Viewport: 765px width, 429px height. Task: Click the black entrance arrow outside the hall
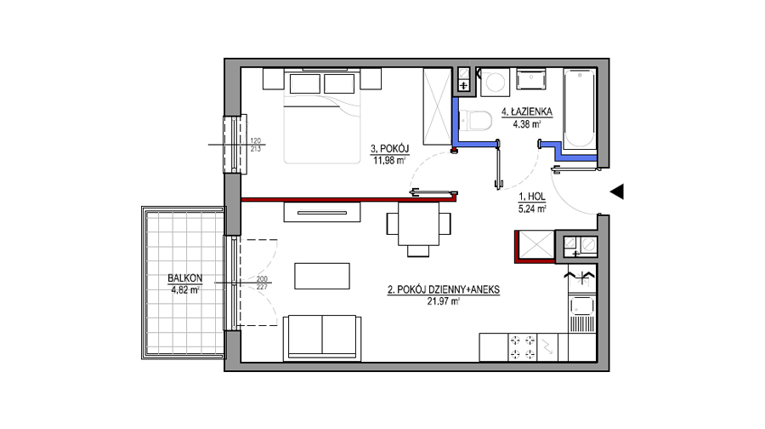click(617, 192)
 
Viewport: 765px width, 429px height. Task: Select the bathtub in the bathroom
click(580, 110)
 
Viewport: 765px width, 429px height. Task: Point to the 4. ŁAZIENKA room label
click(527, 112)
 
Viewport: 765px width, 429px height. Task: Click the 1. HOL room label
click(532, 197)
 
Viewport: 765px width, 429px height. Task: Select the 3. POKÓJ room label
click(389, 149)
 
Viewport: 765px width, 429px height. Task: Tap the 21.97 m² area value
click(444, 301)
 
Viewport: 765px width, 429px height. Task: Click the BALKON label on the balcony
click(185, 278)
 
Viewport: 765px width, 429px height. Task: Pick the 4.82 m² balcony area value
click(185, 289)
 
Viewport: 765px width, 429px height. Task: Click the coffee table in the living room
click(322, 276)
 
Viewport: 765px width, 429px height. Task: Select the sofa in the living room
click(322, 338)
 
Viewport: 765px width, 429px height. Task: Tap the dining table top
click(418, 224)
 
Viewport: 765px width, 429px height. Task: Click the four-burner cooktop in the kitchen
click(523, 347)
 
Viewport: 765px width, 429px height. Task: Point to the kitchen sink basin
click(582, 306)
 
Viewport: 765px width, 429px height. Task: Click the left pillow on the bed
click(305, 83)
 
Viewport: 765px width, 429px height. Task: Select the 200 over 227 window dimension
click(262, 283)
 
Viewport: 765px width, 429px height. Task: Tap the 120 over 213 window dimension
click(256, 145)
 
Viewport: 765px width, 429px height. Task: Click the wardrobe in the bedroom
click(437, 106)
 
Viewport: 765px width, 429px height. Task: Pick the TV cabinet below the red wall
click(322, 212)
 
